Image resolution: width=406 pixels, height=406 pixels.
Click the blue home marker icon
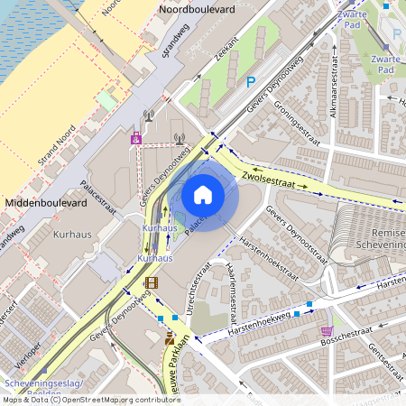click(x=203, y=195)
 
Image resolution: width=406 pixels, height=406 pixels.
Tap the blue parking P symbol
click(x=251, y=82)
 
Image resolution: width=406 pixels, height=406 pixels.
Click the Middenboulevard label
click(x=46, y=204)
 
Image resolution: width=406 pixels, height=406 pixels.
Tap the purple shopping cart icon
click(x=326, y=330)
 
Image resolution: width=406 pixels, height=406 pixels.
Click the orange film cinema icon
click(x=150, y=283)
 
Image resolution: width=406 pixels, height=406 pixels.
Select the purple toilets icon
click(x=136, y=137)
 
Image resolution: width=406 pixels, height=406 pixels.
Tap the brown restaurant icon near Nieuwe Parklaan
click(x=170, y=338)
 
